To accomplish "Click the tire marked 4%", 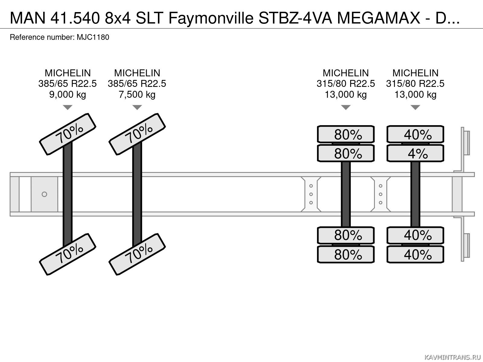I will (415, 154).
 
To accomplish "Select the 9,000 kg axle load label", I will (68, 95).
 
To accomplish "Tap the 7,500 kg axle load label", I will (137, 95).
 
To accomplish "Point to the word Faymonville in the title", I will (211, 19).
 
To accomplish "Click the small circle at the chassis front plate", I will (44, 194).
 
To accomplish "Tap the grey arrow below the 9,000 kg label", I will (68, 107).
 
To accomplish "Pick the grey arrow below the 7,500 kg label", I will (137, 107).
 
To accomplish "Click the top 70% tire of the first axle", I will (68, 134).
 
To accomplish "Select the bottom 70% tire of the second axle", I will (137, 254).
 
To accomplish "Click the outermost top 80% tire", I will (346, 134).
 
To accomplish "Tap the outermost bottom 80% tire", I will (346, 255).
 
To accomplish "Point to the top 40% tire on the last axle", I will (415, 134).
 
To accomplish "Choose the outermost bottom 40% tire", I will (415, 255).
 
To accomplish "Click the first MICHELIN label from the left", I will (68, 73).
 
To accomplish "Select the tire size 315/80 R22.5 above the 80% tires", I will (346, 84).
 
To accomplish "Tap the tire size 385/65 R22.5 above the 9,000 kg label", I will (68, 84).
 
